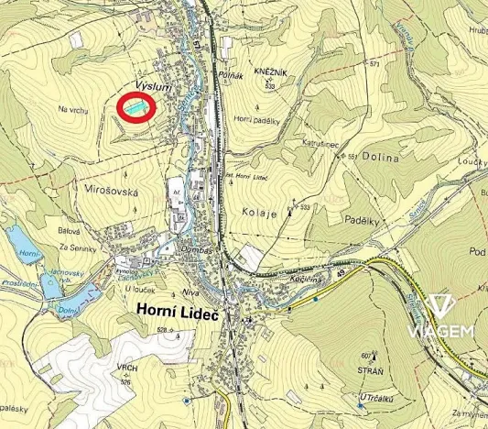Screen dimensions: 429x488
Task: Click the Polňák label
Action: click(230, 77)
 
